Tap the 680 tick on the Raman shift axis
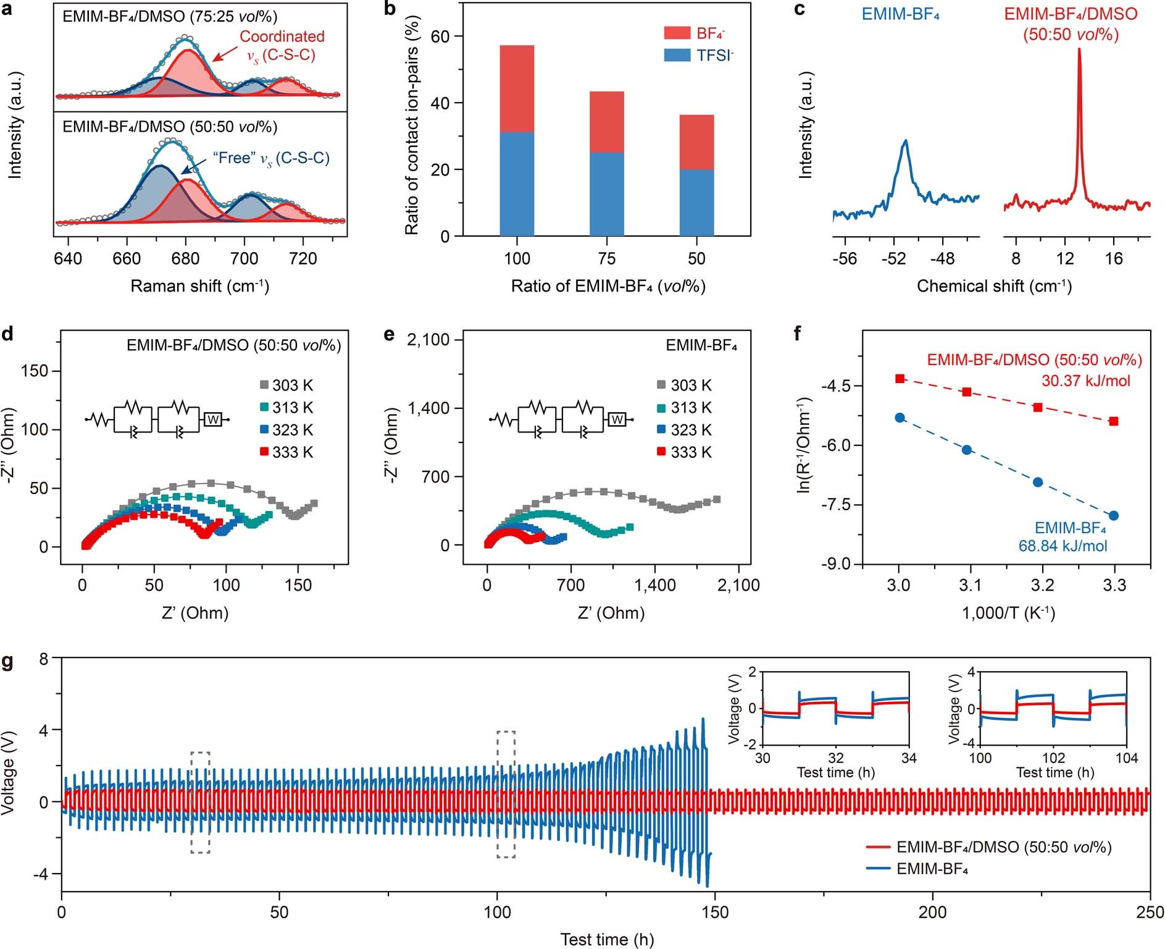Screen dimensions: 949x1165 [185, 258]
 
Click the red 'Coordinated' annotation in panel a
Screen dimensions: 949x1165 [282, 36]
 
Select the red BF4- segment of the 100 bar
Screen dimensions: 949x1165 [517, 88]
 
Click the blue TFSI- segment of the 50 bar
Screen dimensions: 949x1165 [696, 203]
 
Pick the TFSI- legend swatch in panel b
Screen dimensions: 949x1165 [677, 56]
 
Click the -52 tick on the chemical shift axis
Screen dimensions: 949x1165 [893, 258]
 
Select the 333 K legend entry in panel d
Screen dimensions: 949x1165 [286, 452]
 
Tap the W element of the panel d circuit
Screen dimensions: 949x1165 [213, 420]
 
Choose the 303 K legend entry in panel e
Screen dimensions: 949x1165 [684, 386]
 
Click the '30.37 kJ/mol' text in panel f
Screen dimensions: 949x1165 [1086, 381]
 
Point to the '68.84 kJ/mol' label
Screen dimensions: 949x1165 [1063, 546]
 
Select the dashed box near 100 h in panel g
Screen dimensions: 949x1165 [506, 794]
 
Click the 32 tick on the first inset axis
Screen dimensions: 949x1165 [835, 757]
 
